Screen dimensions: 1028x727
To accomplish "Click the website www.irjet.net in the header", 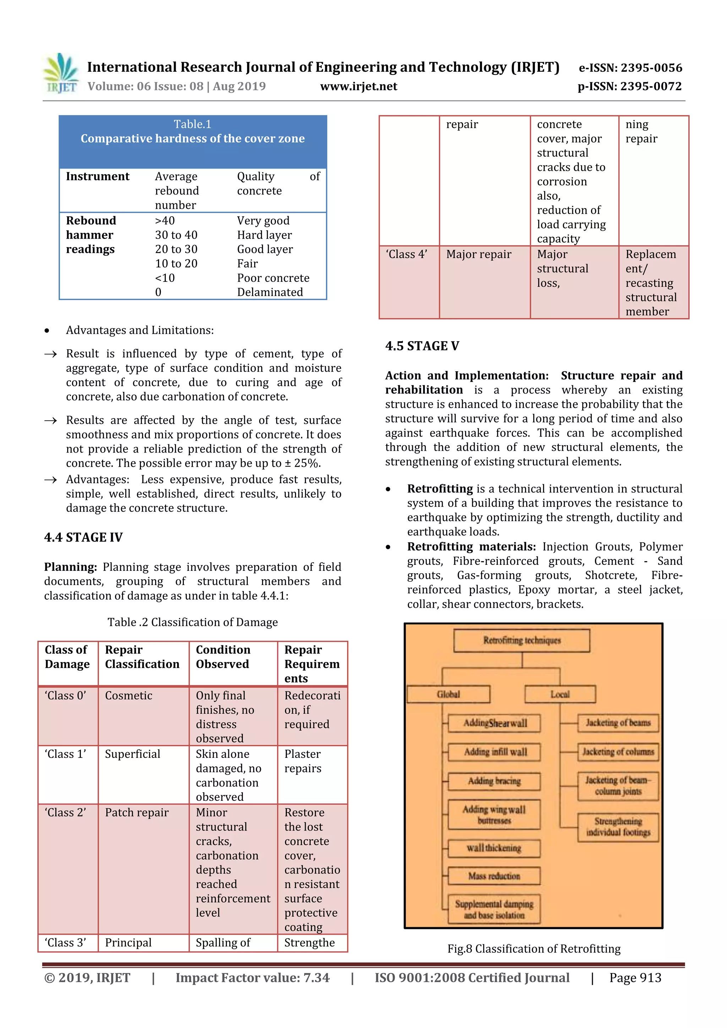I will coord(359,86).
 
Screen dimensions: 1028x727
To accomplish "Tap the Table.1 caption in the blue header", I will coord(192,124).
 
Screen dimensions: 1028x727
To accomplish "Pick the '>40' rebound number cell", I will coord(165,221).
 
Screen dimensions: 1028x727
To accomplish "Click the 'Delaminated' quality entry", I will coord(270,292).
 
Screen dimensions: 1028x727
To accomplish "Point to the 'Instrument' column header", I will coord(98,176).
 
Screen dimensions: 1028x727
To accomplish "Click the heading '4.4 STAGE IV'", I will coord(83,537).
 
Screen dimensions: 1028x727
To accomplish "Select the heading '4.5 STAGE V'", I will coord(422,346).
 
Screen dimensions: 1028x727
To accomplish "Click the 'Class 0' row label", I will coord(65,695).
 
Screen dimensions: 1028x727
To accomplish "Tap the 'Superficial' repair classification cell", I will coord(132,754).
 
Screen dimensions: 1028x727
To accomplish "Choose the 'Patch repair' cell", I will coord(137,813).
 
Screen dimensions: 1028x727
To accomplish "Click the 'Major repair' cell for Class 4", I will coord(479,254).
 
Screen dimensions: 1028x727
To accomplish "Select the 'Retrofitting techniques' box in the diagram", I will coord(521,640).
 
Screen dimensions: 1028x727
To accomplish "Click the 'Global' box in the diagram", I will coord(448,694).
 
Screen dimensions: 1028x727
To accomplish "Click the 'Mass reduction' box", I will coord(494,876).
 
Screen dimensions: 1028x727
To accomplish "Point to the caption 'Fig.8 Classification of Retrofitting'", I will coord(534,949).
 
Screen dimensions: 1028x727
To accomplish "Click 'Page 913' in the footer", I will coord(635,978).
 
